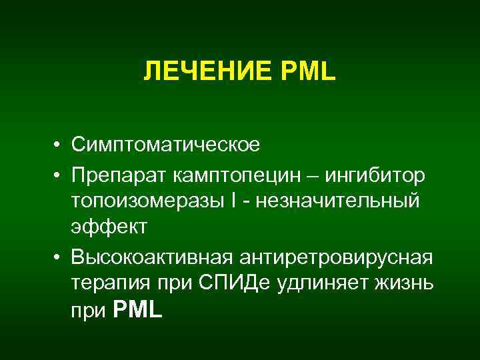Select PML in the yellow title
[x=311, y=71]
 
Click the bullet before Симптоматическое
[x=59, y=144]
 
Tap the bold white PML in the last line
[x=138, y=309]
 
